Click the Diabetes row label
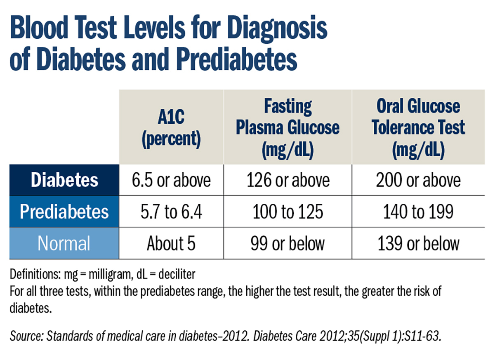click(65, 180)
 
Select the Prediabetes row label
click(65, 212)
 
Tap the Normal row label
click(64, 243)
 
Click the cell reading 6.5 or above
click(171, 180)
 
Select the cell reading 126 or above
click(288, 180)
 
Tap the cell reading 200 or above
click(418, 180)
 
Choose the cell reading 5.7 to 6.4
click(171, 212)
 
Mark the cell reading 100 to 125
click(288, 212)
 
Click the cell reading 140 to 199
click(418, 212)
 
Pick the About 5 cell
click(171, 244)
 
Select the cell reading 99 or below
click(288, 244)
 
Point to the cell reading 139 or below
click(418, 244)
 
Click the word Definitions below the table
click(31, 274)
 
